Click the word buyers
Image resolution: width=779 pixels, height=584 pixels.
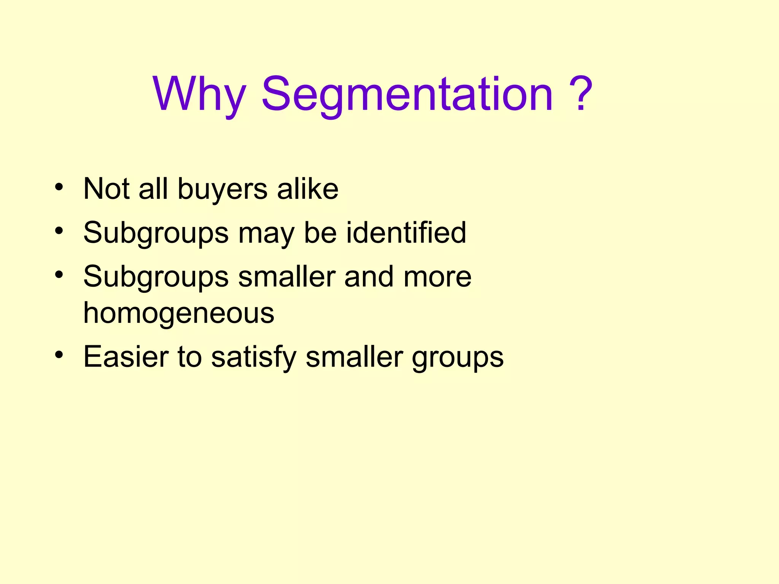pos(223,189)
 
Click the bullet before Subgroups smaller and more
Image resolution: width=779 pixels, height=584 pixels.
pos(59,274)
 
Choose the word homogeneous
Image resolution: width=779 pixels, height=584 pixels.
pos(179,314)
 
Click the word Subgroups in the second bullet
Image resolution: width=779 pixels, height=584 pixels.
pos(156,233)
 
